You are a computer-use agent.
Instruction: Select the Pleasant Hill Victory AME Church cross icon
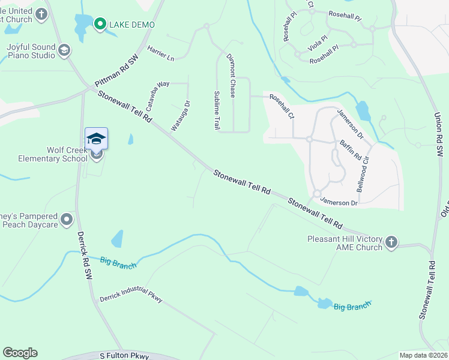(391, 242)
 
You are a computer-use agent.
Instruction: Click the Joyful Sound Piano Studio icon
(64, 51)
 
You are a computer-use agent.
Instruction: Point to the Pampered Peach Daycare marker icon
(67, 220)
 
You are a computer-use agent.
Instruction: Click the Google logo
(20, 353)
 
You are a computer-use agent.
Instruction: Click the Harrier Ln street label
(160, 55)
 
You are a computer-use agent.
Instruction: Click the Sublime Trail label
(217, 110)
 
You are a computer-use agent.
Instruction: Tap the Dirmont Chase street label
(231, 75)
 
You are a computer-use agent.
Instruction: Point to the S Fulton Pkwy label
(124, 356)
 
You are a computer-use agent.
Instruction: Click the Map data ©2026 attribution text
(423, 355)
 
